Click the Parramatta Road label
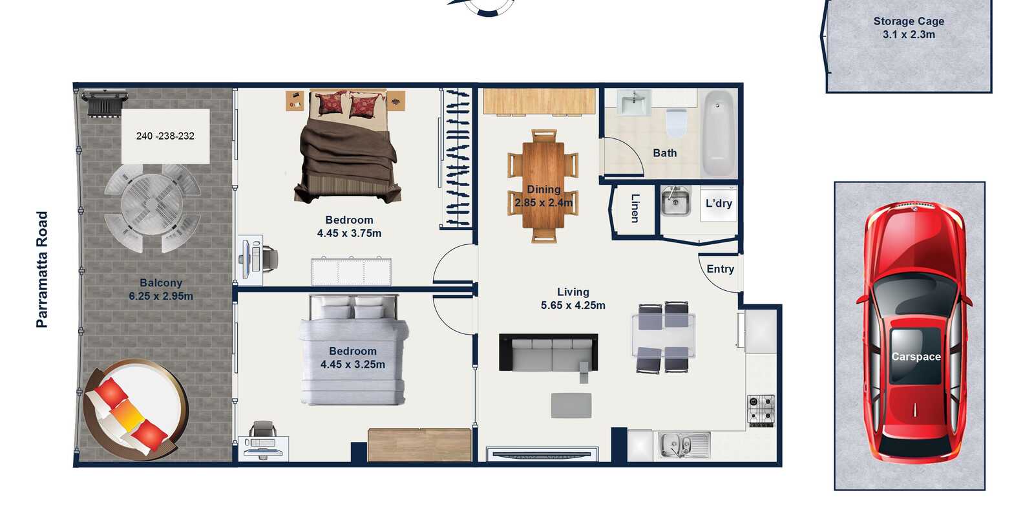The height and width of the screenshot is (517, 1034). point(42,269)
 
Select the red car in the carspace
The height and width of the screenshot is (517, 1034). point(914,332)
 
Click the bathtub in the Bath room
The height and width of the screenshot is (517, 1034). point(718,132)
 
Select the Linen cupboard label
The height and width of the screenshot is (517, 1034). point(635,208)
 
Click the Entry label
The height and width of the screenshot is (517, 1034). point(720,269)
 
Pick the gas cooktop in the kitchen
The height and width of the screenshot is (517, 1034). point(761,410)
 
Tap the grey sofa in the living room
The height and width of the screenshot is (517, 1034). point(549,353)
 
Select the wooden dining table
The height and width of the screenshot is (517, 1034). point(543,185)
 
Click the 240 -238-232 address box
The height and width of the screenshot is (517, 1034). point(165,136)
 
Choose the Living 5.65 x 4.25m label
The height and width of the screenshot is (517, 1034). point(573,299)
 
